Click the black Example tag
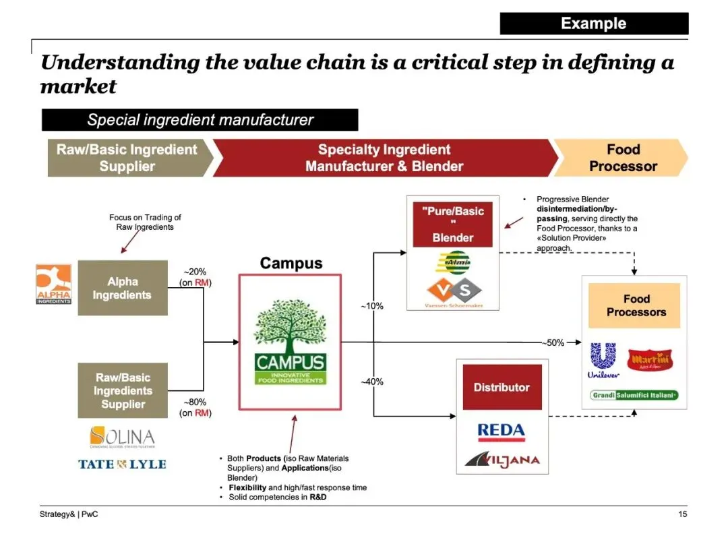coord(594,24)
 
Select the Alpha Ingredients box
coord(123,288)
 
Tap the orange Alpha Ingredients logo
coord(53,284)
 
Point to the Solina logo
coord(122,437)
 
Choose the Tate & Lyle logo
coord(122,464)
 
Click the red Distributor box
coord(502,387)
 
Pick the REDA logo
coord(501,431)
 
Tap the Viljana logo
coord(502,460)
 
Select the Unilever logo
coord(603,361)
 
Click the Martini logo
coord(648,359)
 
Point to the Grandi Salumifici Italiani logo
coord(634,395)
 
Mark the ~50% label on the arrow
coord(553,342)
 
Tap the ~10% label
coord(371,306)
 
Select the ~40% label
coord(371,382)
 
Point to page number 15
coord(682,515)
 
